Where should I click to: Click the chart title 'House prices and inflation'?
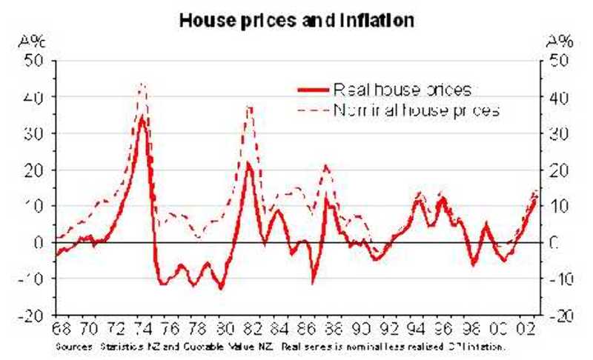297,21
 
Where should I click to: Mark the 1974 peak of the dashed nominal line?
142,84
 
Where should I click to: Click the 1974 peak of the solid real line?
143,117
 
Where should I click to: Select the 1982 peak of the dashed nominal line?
250,107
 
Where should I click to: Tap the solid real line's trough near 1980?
220,287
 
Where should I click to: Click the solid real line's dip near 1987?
313,282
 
